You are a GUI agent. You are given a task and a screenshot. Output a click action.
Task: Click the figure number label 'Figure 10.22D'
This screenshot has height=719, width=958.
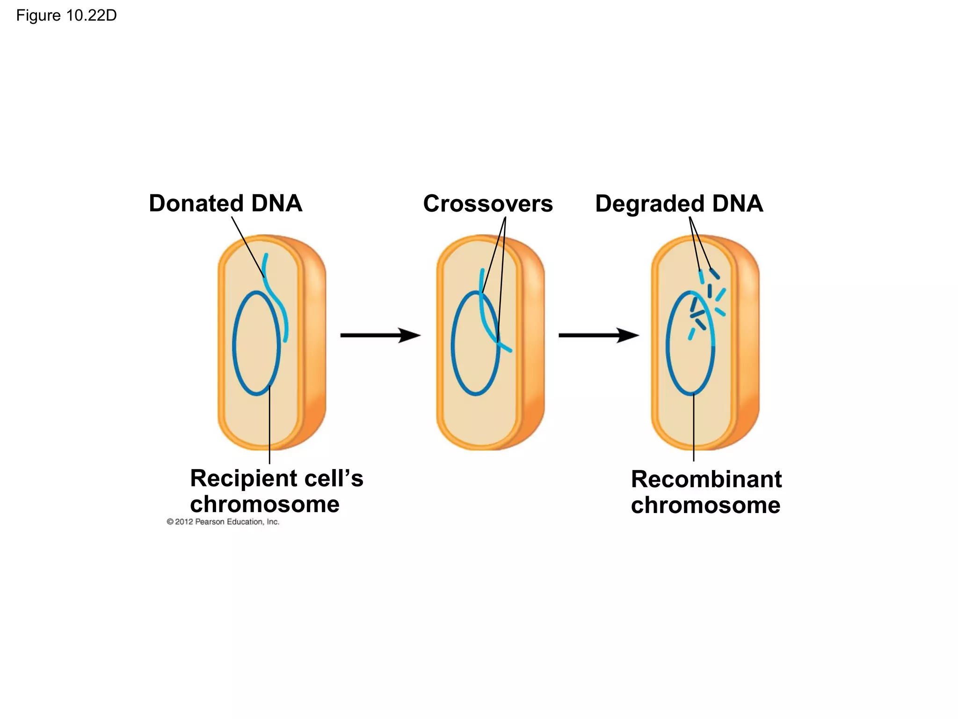click(66, 16)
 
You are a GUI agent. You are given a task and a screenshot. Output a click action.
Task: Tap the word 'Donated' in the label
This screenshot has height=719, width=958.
click(196, 204)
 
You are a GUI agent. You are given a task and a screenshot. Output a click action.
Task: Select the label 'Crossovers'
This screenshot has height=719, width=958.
click(488, 204)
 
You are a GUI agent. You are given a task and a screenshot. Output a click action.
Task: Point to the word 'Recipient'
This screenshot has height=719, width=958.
click(243, 479)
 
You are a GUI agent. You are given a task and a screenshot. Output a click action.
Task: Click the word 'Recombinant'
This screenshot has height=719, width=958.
click(706, 479)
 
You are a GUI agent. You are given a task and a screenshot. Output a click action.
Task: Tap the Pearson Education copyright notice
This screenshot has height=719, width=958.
click(223, 522)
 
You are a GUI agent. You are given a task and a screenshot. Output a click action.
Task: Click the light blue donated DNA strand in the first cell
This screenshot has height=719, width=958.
click(279, 304)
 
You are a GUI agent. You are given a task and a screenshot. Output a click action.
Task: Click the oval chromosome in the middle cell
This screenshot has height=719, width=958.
click(452, 346)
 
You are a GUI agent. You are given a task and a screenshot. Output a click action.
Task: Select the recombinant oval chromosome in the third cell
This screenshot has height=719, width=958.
click(668, 346)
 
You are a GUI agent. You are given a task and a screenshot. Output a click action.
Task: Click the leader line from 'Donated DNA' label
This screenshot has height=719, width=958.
click(248, 247)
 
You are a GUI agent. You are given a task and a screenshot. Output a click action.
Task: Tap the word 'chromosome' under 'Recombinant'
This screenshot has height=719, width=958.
click(705, 506)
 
